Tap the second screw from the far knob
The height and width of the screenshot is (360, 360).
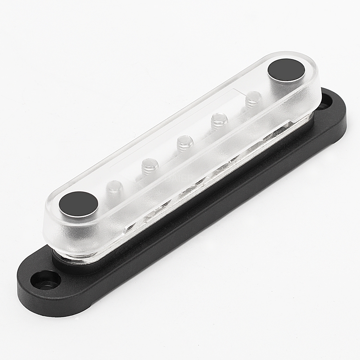pos(219,120)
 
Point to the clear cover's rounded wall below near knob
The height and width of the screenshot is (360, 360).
pos(72,234)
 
